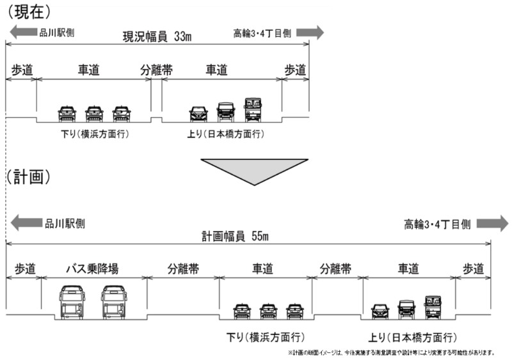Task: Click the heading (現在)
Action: click(29, 11)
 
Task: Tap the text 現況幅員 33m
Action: click(157, 36)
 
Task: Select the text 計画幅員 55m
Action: click(236, 236)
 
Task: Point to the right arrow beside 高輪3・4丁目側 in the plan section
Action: click(492, 223)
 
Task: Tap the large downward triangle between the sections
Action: click(254, 170)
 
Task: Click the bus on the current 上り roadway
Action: click(253, 109)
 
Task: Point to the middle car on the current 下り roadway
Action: click(94, 113)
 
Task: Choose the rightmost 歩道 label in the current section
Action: click(295, 71)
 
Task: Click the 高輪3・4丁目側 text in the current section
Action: click(262, 32)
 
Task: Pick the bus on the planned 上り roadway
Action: click(433, 308)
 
